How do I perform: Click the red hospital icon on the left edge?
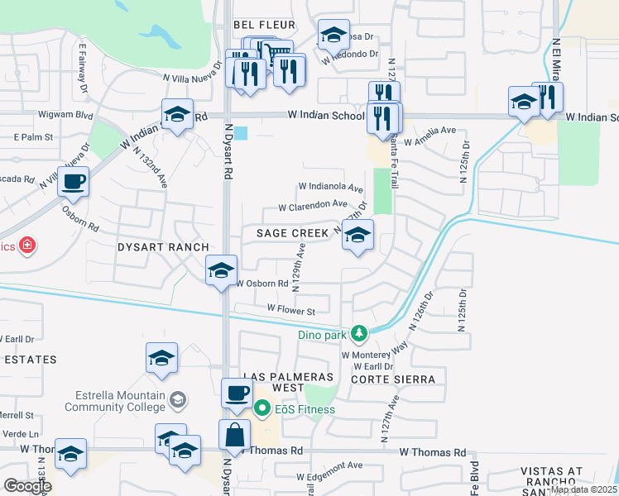click(27, 246)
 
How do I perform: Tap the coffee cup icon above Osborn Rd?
click(74, 181)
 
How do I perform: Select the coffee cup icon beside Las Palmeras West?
click(237, 393)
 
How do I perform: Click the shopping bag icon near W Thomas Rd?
click(235, 434)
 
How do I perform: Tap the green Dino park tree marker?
click(358, 333)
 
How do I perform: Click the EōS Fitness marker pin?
click(262, 408)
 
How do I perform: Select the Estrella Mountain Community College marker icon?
click(177, 400)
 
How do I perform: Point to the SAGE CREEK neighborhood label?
click(292, 234)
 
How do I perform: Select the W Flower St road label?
click(290, 311)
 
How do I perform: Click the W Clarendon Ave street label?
click(312, 204)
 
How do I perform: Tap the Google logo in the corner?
click(27, 486)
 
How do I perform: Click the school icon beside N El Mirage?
click(523, 103)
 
